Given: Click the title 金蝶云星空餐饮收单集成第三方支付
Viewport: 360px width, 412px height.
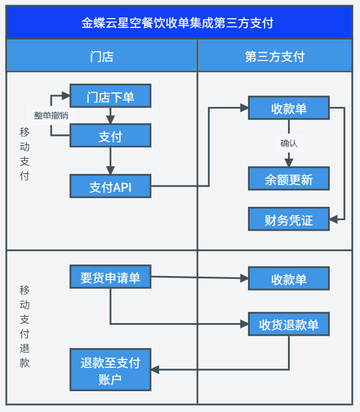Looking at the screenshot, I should tap(179, 23).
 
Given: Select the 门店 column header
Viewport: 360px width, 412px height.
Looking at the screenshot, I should tap(102, 56).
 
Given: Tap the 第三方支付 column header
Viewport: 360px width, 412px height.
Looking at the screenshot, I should tap(275, 56).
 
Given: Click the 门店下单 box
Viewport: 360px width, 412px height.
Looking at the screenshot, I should tap(110, 96).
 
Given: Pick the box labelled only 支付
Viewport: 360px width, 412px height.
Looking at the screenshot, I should tap(110, 137).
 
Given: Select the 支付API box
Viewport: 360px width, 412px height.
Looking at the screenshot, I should tap(110, 187).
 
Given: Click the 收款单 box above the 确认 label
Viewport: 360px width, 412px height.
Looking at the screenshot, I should tap(289, 109).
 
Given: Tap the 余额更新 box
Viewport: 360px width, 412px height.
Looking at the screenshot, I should tap(289, 179).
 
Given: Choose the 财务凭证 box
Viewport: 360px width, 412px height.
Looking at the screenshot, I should tap(289, 220).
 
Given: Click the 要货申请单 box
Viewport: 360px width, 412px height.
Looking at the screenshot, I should tap(110, 277).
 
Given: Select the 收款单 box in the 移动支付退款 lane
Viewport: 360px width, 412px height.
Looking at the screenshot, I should tap(289, 279).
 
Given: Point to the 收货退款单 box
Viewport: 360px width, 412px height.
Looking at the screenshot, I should tap(289, 324).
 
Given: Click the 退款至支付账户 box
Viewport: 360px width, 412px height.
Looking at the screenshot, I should tap(110, 370).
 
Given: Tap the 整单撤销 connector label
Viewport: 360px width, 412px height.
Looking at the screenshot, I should tap(51, 116).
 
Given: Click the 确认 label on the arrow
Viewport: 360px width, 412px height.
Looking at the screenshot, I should tap(289, 144).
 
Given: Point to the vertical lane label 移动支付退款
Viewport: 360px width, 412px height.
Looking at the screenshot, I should tap(24, 326).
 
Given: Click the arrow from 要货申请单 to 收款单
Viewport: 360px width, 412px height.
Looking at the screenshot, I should tap(197, 278).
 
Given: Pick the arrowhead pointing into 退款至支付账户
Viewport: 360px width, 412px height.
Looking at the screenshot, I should tap(155, 370).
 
